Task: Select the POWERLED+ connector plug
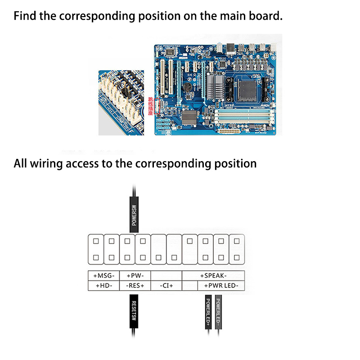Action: coord(208,313)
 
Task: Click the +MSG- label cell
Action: coord(104,275)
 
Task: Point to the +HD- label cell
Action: coord(104,286)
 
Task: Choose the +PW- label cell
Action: coord(135,275)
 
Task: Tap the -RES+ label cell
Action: coord(135,286)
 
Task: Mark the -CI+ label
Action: coord(166,286)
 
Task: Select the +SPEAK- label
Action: coord(213,275)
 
